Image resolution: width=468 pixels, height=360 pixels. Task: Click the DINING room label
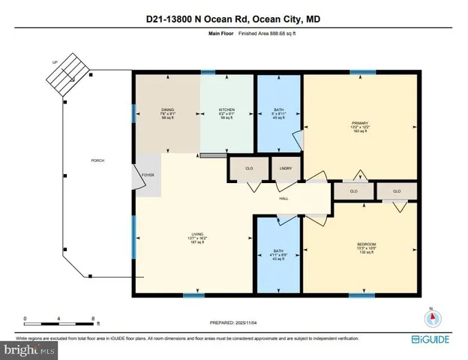(x=167, y=109)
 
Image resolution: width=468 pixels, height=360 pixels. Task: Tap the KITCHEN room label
(x=226, y=109)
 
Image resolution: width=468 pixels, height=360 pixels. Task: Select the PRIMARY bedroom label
(x=359, y=122)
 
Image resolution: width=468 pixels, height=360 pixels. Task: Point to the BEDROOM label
(x=366, y=244)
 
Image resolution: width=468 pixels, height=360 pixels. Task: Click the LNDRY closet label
(x=284, y=168)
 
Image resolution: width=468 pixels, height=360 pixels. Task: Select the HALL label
(x=283, y=198)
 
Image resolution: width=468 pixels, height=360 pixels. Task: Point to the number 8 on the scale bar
(x=92, y=318)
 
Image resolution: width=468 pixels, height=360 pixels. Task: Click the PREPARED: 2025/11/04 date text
(x=233, y=322)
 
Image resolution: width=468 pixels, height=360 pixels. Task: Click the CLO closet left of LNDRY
(x=249, y=168)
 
